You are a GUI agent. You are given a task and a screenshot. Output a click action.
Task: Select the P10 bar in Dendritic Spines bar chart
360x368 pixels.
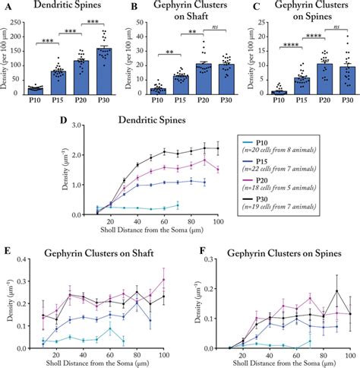[34, 90]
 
